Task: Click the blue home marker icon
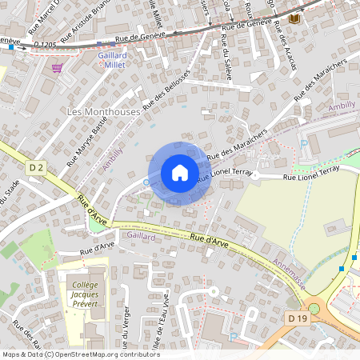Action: point(180,173)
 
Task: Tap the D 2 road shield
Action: point(35,167)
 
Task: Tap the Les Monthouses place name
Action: point(104,112)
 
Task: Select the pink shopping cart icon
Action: point(57,68)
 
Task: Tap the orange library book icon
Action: point(295,18)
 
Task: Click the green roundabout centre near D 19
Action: point(314,307)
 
